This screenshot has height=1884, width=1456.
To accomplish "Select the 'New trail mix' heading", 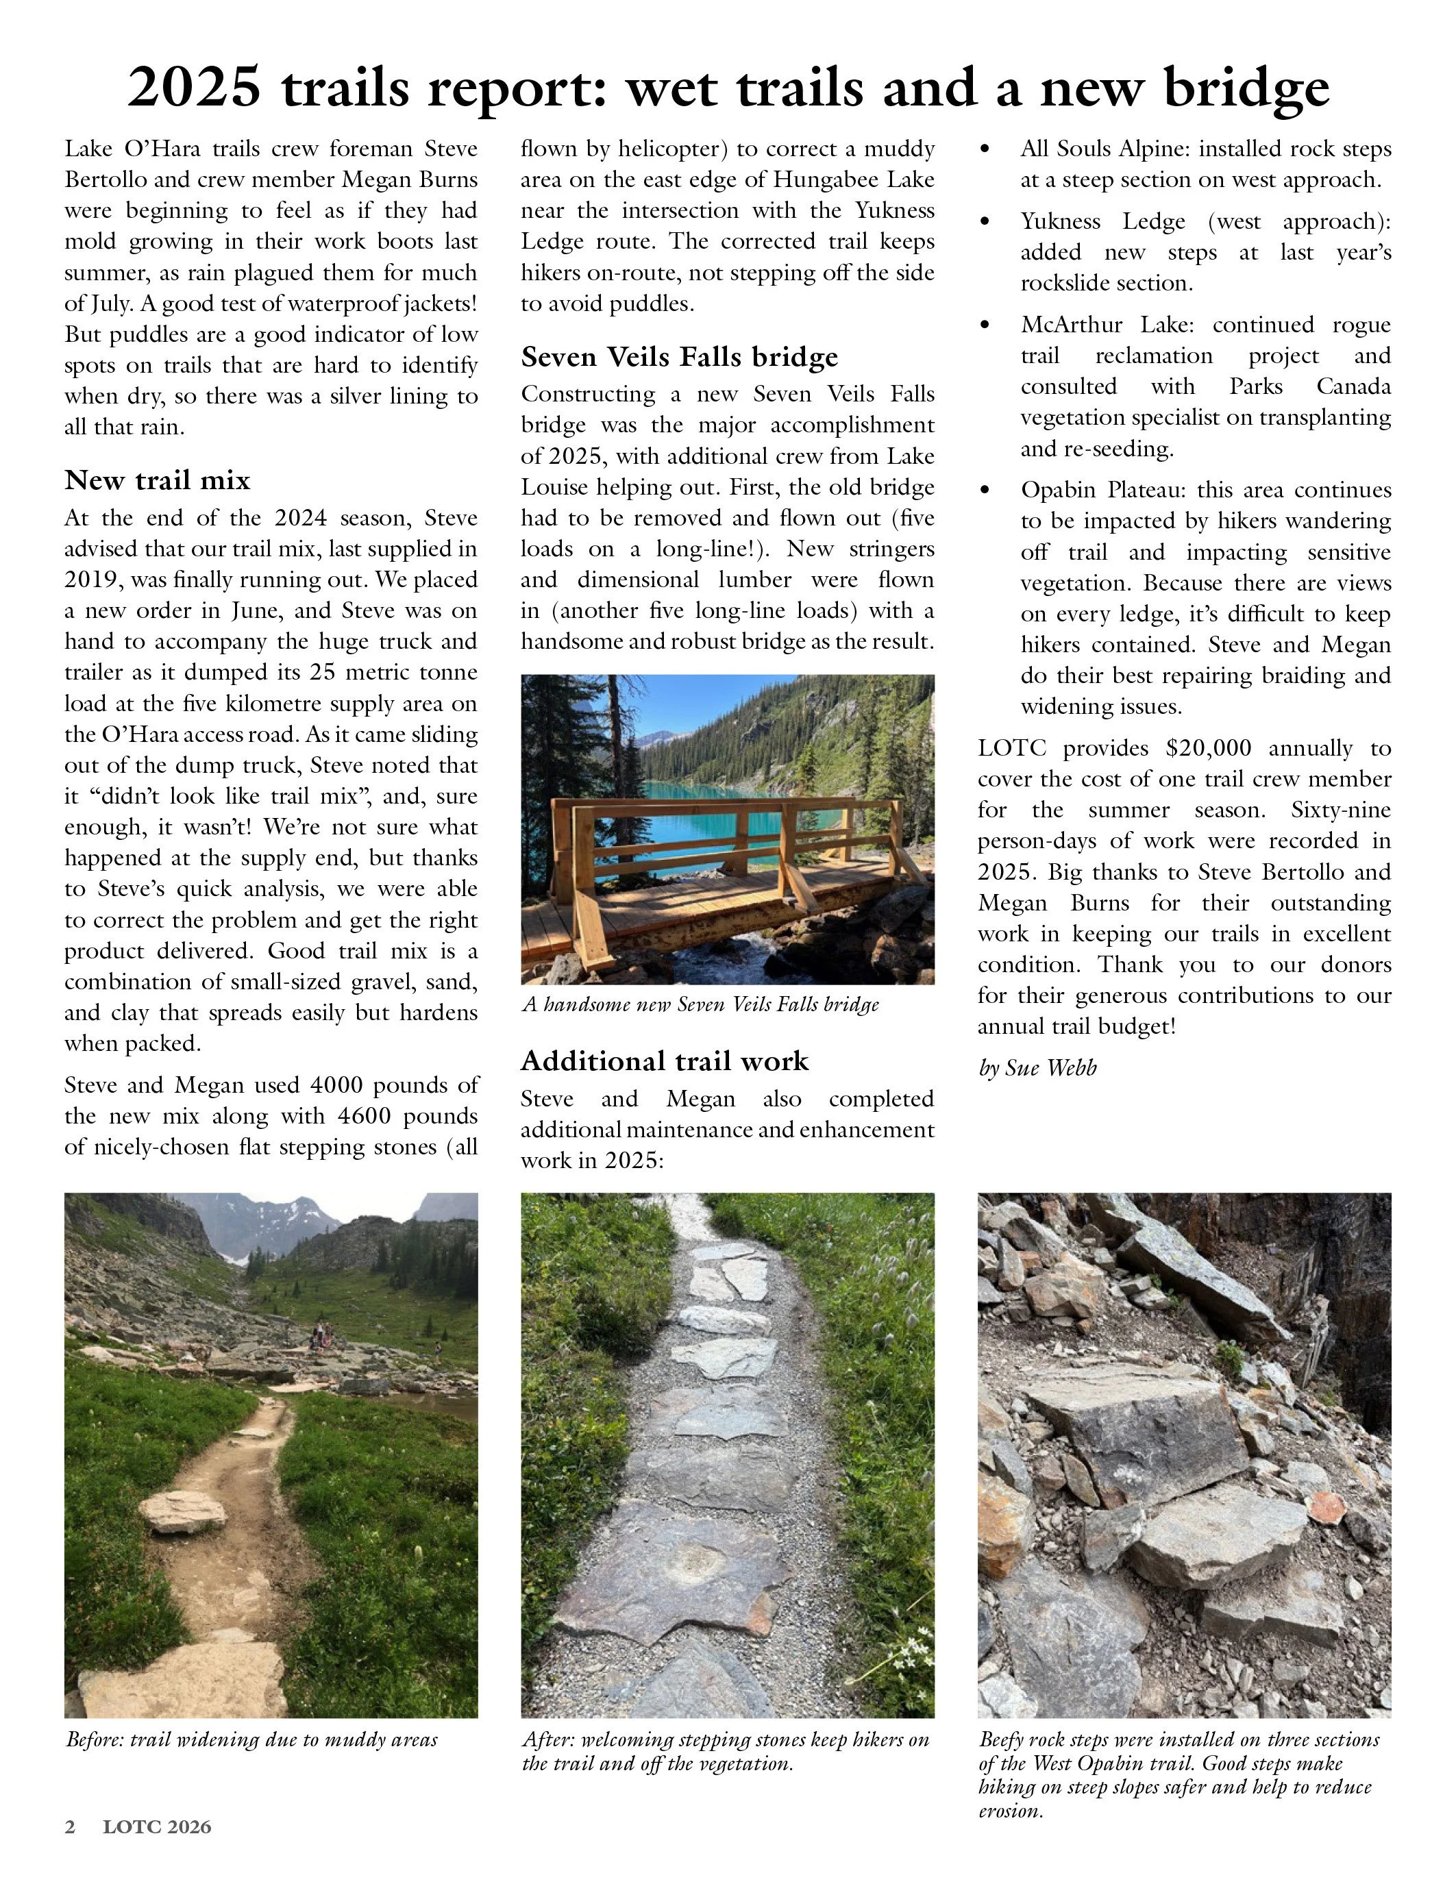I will pyautogui.click(x=157, y=480).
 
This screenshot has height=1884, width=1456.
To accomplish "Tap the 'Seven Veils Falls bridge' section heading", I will pyautogui.click(x=679, y=356).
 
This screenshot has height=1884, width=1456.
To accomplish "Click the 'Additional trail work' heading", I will pyautogui.click(x=664, y=1061).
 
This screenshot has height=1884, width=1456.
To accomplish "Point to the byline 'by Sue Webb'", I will pyautogui.click(x=1037, y=1068).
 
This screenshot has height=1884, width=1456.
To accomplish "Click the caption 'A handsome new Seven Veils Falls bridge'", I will pyautogui.click(x=700, y=1004).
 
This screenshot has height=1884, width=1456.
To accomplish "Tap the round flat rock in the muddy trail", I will pyautogui.click(x=183, y=1512).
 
